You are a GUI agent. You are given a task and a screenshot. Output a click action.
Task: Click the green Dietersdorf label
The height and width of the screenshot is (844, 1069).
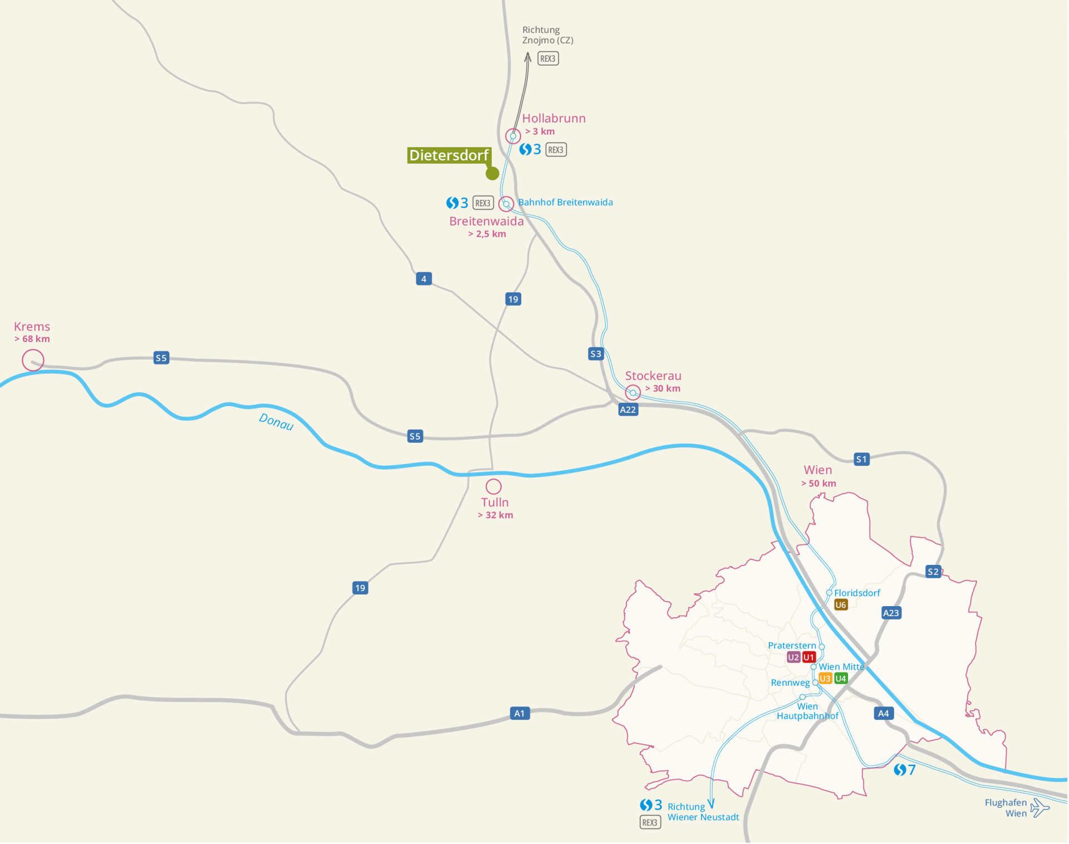click(449, 155)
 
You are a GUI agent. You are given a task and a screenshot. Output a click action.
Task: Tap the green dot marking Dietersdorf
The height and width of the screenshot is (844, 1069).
click(492, 174)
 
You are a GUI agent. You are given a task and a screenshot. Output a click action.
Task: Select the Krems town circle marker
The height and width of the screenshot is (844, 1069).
click(33, 360)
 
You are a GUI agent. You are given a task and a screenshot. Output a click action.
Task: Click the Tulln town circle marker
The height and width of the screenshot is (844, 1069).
click(494, 486)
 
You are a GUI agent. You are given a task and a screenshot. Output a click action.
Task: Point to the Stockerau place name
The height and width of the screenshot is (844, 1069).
click(653, 376)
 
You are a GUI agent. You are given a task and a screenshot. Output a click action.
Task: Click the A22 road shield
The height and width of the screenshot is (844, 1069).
click(628, 410)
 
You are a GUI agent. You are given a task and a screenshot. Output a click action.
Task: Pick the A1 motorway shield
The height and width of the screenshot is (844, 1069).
click(519, 714)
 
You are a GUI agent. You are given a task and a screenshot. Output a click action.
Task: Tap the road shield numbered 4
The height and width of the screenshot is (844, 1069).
click(424, 279)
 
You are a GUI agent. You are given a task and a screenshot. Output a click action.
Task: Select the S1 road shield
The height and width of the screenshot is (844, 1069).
click(861, 460)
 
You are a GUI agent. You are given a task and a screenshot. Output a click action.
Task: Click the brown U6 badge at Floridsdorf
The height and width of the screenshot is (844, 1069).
click(841, 605)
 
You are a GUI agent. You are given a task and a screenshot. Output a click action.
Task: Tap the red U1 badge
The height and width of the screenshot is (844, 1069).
click(809, 657)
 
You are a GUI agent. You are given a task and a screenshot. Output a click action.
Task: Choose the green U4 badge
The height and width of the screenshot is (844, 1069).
click(841, 679)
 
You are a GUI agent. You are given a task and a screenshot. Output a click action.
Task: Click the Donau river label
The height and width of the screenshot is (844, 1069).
click(276, 422)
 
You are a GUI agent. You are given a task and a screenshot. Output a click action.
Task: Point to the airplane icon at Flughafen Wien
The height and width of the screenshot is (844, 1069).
click(1039, 808)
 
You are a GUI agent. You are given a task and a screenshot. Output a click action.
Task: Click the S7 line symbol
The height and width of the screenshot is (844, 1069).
click(905, 770)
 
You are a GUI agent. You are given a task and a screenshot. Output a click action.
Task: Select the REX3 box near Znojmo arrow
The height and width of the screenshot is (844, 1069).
click(548, 58)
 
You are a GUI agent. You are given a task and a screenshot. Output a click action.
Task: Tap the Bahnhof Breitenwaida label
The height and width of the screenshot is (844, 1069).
click(565, 203)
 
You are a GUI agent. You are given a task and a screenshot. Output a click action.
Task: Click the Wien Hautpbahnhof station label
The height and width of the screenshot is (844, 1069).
click(807, 711)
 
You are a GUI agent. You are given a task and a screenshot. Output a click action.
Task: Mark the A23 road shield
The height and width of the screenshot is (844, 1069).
click(891, 613)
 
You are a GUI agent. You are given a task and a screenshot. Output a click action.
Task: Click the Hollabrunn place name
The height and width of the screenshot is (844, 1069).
click(553, 119)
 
